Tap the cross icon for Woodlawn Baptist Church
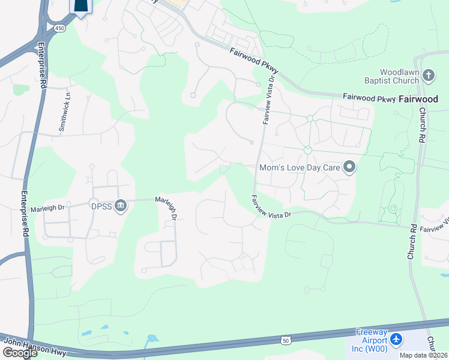tap(428, 75)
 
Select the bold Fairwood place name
tap(418, 99)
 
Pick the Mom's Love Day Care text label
tap(300, 168)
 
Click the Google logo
tap(19, 353)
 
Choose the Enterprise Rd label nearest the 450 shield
tap(43, 66)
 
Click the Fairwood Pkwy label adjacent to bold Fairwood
tap(369, 97)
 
